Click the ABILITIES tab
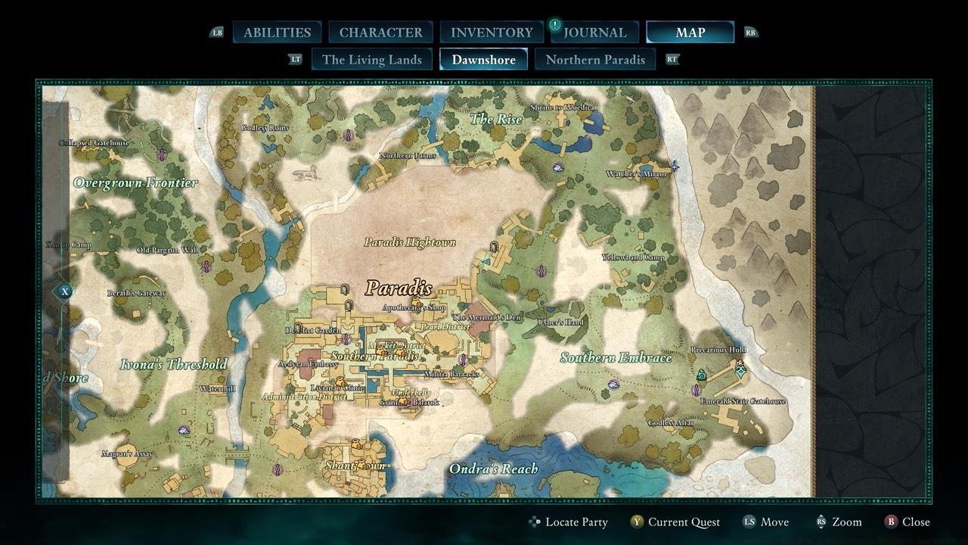click(x=277, y=33)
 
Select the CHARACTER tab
click(x=380, y=33)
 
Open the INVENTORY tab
click(x=492, y=33)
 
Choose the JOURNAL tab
click(x=595, y=33)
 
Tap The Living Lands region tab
click(x=371, y=60)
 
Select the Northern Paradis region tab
click(x=595, y=60)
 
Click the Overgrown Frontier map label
click(x=135, y=182)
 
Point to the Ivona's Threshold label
click(x=173, y=364)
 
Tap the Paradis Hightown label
click(x=410, y=242)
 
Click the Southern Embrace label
click(x=616, y=357)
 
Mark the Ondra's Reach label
click(x=493, y=469)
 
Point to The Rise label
click(x=496, y=119)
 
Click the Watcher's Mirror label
click(x=637, y=174)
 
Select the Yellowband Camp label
click(x=633, y=257)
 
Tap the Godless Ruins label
click(x=265, y=128)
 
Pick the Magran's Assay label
click(x=127, y=454)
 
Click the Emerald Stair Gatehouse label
click(x=743, y=401)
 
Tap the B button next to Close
click(x=891, y=522)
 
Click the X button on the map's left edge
click(x=66, y=291)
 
